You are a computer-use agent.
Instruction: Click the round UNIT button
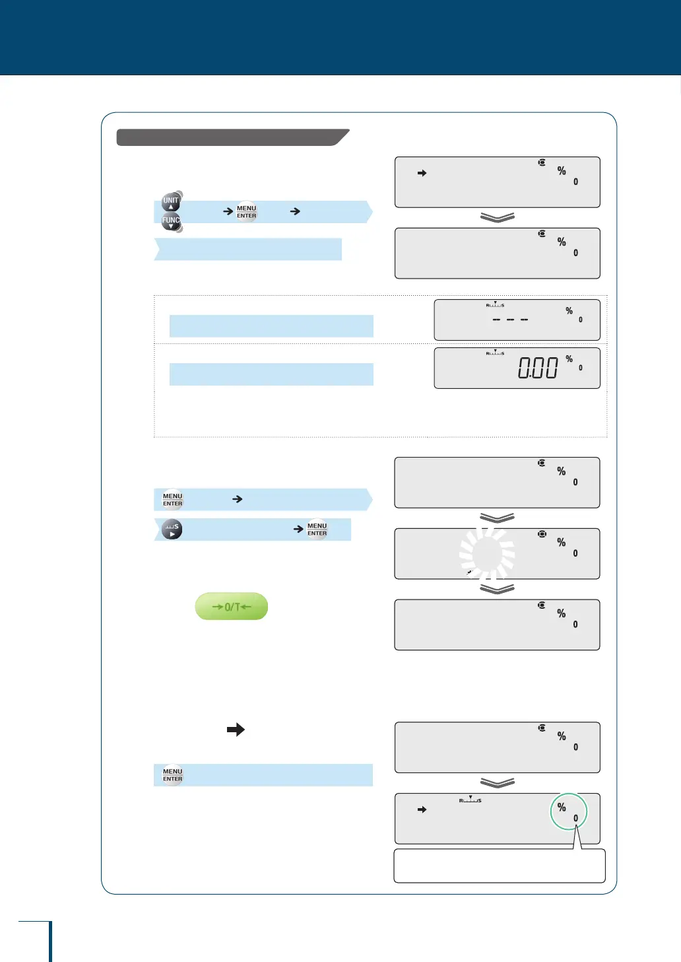tap(171, 201)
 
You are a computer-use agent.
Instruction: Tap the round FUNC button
tap(171, 223)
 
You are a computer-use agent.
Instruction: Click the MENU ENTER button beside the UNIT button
tap(246, 212)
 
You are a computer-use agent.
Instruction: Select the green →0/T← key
tap(232, 607)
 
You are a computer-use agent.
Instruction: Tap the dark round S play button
tap(172, 530)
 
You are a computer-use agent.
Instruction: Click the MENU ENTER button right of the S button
tap(317, 530)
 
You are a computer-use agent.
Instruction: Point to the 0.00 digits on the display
tap(538, 368)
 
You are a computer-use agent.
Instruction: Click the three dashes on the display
tap(511, 320)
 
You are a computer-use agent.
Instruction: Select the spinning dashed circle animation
tap(488, 553)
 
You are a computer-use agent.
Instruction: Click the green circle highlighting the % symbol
tap(568, 811)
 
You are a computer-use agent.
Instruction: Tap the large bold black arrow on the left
tap(236, 730)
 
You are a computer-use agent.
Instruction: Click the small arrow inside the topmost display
tap(422, 173)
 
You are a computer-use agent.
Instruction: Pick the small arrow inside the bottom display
tap(422, 809)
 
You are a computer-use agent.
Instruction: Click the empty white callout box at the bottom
tap(500, 866)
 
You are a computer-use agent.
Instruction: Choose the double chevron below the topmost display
tap(498, 218)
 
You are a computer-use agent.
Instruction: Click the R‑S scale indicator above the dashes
tap(495, 305)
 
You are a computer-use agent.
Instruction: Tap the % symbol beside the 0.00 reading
tap(569, 359)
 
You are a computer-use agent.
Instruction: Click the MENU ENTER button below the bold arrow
tap(172, 775)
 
